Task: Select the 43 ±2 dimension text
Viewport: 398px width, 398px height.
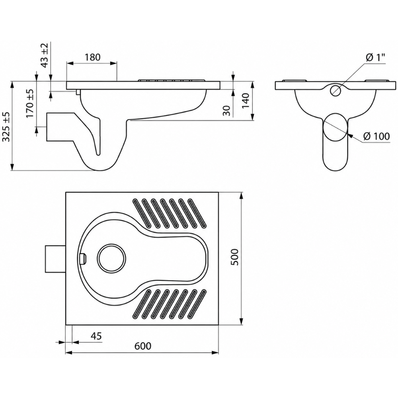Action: point(45,55)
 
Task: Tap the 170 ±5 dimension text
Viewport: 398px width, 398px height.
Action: point(30,103)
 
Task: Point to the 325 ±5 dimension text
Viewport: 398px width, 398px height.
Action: point(6,127)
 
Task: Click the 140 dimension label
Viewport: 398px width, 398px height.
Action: point(246,101)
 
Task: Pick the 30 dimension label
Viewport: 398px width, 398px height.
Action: point(227,111)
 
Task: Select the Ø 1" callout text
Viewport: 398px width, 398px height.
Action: point(375,58)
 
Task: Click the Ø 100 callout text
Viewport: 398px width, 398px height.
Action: point(377,136)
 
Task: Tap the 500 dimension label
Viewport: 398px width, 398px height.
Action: point(235,257)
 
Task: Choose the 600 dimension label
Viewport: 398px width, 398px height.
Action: point(142,346)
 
